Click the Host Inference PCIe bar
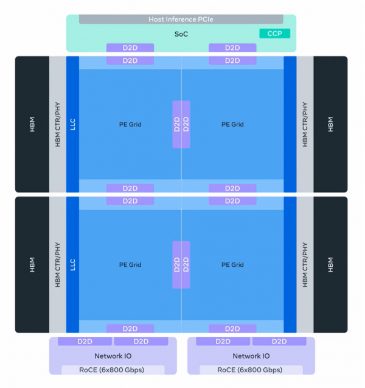coord(181,19)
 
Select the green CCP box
coord(274,34)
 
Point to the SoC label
coord(181,34)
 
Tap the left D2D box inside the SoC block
coord(130,48)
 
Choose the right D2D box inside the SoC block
coord(232,48)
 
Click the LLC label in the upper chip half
coord(72,124)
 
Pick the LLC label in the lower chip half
coord(72,264)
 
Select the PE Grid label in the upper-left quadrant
coord(130,124)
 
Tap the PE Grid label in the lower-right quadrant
coord(232,265)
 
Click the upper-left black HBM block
coord(32,124)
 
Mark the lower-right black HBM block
coord(330,264)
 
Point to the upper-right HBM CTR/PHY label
coord(305,124)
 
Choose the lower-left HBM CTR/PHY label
coord(58,264)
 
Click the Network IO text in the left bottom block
coord(113,356)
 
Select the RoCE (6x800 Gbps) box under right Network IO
coord(250,370)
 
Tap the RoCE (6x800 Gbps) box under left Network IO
coord(113,370)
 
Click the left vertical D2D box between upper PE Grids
coord(177,124)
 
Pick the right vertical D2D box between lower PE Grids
coord(186,264)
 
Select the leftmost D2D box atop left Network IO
coord(85,341)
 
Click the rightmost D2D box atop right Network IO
coord(279,341)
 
